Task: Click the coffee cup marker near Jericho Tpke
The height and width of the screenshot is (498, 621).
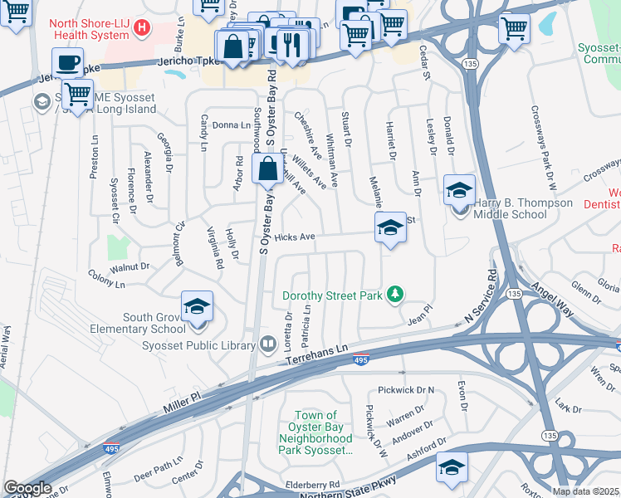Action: point(67,62)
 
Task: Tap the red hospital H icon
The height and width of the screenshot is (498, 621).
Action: point(142,27)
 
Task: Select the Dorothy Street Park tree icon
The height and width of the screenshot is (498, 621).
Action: point(397,295)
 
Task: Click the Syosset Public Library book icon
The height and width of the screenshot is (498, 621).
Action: point(268,342)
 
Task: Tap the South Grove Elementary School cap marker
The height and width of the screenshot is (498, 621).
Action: point(197,306)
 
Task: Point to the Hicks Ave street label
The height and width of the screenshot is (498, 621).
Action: point(295,237)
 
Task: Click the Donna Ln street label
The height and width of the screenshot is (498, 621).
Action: point(231,125)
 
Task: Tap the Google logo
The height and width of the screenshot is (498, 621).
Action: point(27,488)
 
